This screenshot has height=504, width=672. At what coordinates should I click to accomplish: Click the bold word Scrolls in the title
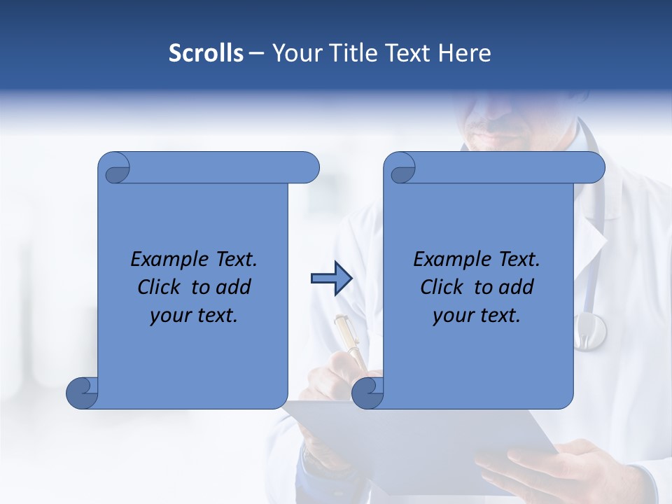pyautogui.click(x=206, y=53)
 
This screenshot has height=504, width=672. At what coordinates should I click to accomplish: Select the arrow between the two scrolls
pyautogui.click(x=331, y=279)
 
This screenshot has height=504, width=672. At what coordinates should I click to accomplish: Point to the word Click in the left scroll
pyautogui.click(x=159, y=287)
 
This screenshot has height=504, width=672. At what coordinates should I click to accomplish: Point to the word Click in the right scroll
pyautogui.click(x=442, y=287)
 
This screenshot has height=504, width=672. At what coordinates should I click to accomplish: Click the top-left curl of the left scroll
pyautogui.click(x=116, y=169)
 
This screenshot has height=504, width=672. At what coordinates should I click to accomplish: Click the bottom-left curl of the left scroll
pyautogui.click(x=82, y=393)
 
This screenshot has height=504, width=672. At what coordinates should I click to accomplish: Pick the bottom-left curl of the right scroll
pyautogui.click(x=367, y=393)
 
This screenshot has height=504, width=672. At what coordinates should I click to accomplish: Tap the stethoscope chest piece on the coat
pyautogui.click(x=589, y=330)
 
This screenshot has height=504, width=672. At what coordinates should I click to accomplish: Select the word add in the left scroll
pyautogui.click(x=233, y=287)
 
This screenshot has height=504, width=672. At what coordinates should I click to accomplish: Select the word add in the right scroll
pyautogui.click(x=516, y=287)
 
